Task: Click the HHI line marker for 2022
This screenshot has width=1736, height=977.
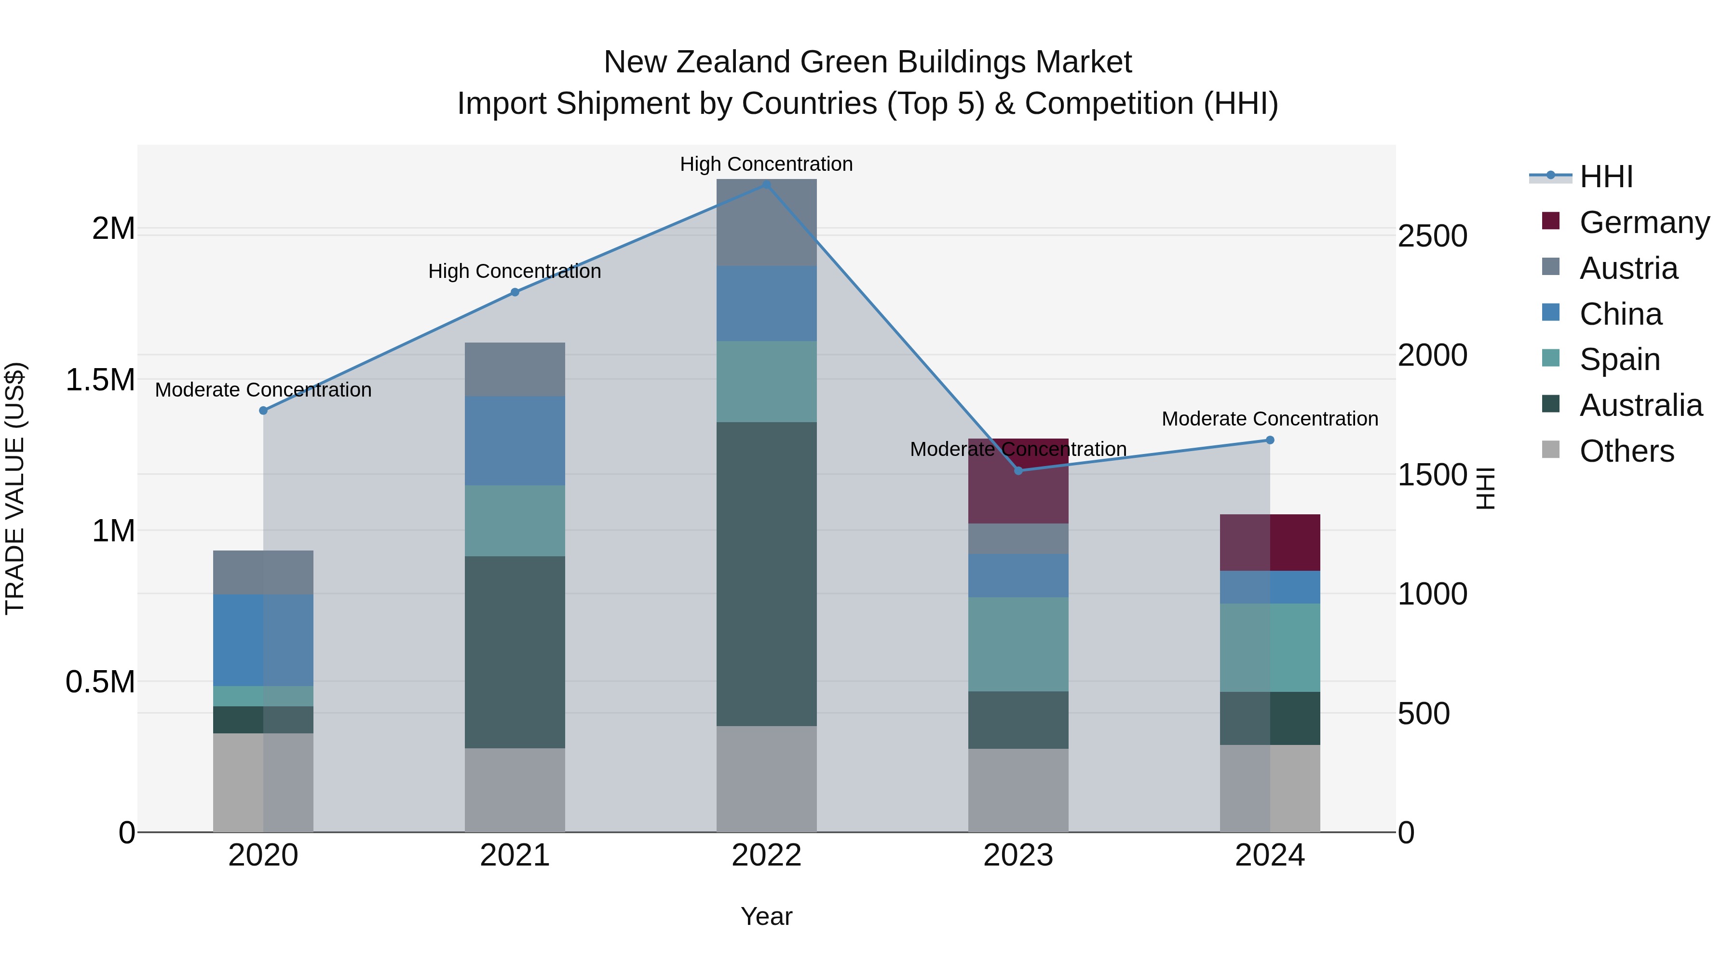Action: pos(766,184)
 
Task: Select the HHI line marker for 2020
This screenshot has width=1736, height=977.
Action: pos(263,410)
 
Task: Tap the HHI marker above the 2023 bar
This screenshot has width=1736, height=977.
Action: pos(1018,470)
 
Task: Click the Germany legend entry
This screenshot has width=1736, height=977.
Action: pos(1644,222)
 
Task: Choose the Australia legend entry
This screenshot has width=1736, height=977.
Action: pos(1641,405)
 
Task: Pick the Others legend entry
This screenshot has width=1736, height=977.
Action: pos(1626,451)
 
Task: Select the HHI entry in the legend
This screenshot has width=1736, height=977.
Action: pos(1606,177)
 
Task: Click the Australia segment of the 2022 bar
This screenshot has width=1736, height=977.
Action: pos(766,573)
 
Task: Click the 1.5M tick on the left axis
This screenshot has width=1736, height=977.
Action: pos(100,380)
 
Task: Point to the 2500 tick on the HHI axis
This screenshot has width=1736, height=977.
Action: pos(1432,236)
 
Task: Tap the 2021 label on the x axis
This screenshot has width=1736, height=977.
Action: pos(515,855)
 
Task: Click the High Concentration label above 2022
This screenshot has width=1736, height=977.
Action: pos(766,164)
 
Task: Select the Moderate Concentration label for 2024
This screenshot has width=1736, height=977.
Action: pos(1270,419)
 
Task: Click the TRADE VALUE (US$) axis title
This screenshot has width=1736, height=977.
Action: pos(15,488)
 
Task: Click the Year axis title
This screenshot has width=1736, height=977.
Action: pos(766,916)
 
